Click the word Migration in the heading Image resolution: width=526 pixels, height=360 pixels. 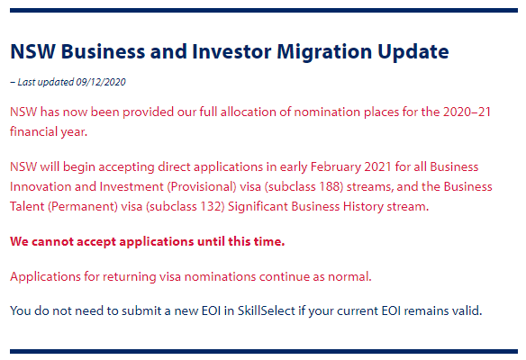pos(324,52)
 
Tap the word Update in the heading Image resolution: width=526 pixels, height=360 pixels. pos(413,52)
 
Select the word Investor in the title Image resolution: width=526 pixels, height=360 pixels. pos(231,51)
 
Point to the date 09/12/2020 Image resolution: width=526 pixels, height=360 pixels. pos(101,82)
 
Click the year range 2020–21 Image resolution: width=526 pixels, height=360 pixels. pos(467,112)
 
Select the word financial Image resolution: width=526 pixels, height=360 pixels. pos(33,131)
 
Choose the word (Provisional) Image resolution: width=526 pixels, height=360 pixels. pos(202,186)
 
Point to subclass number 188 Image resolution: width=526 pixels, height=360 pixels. pos(331,186)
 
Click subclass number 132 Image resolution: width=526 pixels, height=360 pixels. pos(213,206)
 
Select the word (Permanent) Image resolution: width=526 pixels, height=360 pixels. pos(83,206)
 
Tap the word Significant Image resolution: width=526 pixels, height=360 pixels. pos(258,206)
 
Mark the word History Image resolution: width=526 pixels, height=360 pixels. pos(363,206)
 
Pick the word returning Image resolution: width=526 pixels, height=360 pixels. pos(130,277)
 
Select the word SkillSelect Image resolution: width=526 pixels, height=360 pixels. pos(267,310)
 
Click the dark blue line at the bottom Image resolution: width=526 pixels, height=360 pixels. pos(264,351)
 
